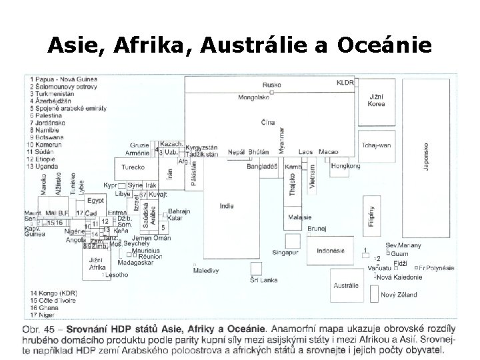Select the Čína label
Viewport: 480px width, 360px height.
coord(268,123)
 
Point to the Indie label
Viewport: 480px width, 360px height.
coord(227,206)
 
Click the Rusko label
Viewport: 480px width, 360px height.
coord(271,85)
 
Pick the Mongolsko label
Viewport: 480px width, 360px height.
coord(253,97)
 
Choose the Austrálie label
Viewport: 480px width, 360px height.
coord(345,285)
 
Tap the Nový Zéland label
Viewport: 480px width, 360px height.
coord(397,294)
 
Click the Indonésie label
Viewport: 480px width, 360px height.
coord(329,251)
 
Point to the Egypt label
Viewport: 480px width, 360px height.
coord(95,200)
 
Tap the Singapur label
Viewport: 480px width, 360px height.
coord(286,253)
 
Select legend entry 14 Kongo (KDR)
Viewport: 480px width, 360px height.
coord(53,293)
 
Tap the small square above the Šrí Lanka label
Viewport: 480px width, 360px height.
coord(255,267)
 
